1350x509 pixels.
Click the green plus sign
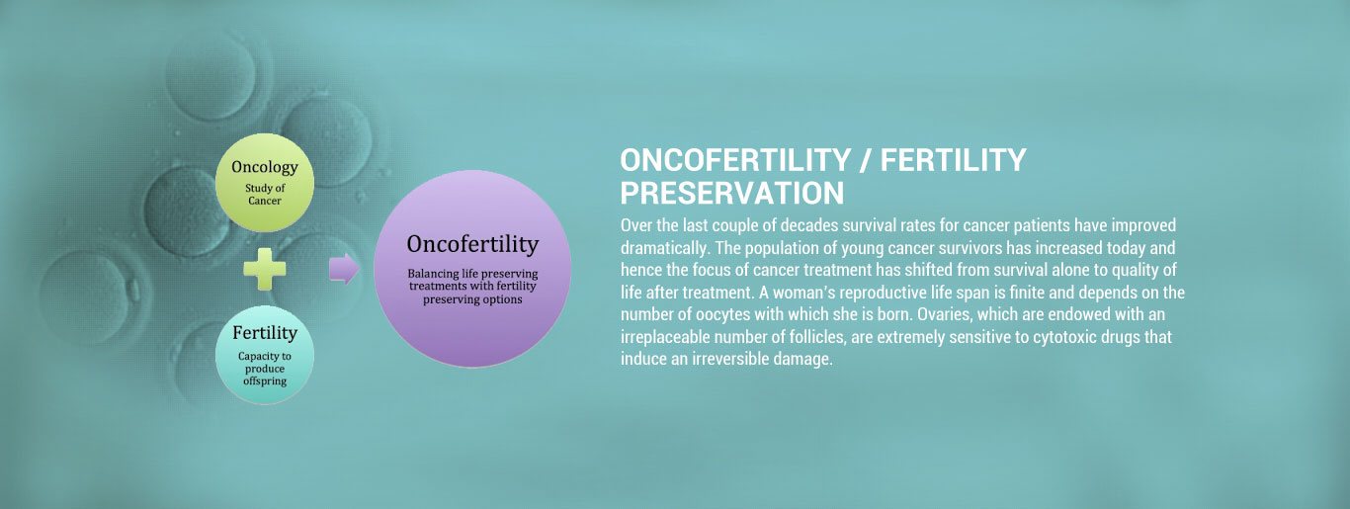tap(264, 269)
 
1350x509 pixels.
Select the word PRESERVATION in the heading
tap(731, 192)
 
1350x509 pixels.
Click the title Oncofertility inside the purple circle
tap(472, 244)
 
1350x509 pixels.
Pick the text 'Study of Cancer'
tap(265, 195)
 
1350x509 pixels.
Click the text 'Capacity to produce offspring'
tap(265, 369)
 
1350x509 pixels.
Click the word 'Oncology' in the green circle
tap(265, 167)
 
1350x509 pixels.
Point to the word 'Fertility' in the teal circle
tap(265, 334)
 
